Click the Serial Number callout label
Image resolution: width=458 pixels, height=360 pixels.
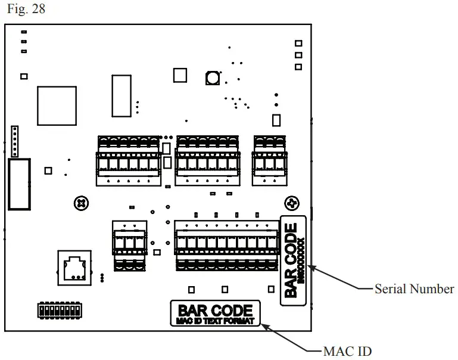pos(414,289)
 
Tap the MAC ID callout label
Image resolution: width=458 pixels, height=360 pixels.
pos(349,351)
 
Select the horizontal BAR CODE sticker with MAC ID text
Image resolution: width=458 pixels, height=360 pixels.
pos(215,314)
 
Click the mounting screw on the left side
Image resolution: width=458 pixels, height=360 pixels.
pos(80,203)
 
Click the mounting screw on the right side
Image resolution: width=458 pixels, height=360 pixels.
pos(291,203)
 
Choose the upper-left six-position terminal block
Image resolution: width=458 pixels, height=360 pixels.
pos(128,160)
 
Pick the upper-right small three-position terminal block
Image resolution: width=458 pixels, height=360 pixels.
pos(269,159)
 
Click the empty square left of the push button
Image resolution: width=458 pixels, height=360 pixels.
pos(180,75)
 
